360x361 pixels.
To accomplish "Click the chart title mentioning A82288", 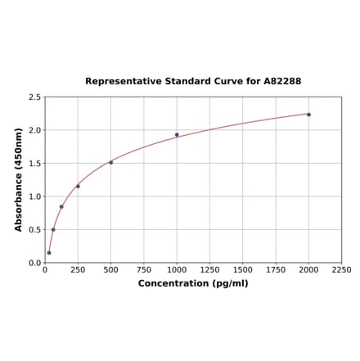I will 193,82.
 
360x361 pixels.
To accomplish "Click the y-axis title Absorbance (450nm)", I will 19,179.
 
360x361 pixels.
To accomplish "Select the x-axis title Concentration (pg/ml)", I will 193,283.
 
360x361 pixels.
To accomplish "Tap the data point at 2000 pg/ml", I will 308,115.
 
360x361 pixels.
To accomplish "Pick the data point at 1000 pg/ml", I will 177,135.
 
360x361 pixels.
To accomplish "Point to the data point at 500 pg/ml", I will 110,162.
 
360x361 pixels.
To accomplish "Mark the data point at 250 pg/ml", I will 78,186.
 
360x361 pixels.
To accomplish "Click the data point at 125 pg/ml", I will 61,206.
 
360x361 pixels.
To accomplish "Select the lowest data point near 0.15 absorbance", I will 49,252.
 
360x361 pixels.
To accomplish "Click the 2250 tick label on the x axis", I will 341,269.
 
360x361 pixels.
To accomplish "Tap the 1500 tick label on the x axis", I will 242,269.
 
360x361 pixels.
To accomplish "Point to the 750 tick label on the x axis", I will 143,269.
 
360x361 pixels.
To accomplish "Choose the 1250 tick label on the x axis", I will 209,269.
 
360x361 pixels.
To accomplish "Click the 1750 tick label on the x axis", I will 276,269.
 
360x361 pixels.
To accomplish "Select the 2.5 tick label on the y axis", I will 35,97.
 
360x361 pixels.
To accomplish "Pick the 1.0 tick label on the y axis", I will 35,196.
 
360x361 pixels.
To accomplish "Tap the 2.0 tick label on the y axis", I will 35,130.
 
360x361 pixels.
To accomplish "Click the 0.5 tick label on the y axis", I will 35,230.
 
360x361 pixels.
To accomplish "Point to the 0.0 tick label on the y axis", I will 35,263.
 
